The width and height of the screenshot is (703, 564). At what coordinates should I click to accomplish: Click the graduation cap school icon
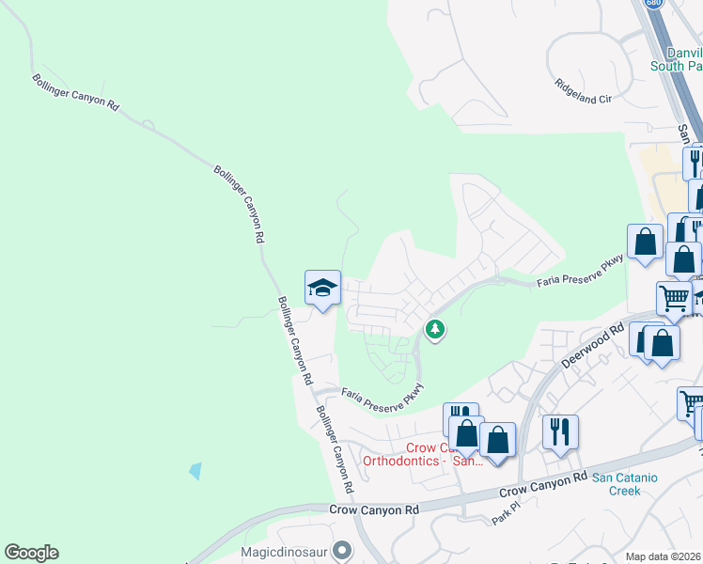[x=321, y=287]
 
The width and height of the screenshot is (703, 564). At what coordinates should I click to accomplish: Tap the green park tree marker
[x=434, y=329]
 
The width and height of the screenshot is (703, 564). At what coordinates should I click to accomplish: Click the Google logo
[x=31, y=553]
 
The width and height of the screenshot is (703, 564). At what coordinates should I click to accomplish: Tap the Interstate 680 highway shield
[x=652, y=4]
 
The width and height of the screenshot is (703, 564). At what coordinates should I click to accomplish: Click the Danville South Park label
[x=677, y=58]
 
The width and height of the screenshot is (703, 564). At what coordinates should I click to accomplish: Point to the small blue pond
[x=195, y=470]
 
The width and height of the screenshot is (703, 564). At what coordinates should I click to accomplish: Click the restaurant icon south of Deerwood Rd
[x=560, y=431]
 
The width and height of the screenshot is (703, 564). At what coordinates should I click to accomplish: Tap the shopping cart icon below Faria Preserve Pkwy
[x=674, y=298]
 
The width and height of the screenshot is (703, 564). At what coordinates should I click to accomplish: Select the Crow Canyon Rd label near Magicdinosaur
[x=373, y=509]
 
